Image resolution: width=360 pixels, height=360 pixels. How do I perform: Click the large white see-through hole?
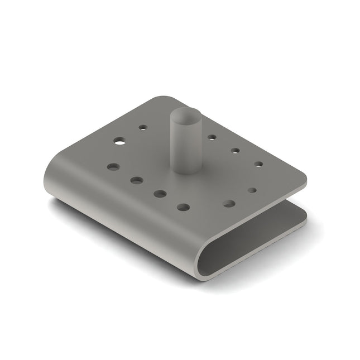[120, 141]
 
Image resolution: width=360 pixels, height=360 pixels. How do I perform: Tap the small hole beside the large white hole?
[143, 128]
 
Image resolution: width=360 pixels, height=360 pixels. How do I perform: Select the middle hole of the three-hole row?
[236, 150]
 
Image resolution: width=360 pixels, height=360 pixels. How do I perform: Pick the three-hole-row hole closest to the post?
[212, 137]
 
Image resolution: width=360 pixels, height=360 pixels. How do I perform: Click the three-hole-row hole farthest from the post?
[258, 164]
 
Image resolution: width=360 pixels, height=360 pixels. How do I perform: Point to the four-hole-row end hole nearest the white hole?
[113, 167]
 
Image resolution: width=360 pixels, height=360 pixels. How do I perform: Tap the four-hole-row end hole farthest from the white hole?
[183, 207]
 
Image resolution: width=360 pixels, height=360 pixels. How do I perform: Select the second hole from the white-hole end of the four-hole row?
[136, 180]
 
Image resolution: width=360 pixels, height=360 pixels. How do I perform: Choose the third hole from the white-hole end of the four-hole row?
[160, 194]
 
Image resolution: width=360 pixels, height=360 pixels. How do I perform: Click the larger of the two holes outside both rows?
[229, 203]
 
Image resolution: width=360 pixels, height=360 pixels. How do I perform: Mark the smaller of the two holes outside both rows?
[252, 190]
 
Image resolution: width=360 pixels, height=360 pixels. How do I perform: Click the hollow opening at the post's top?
[185, 118]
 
